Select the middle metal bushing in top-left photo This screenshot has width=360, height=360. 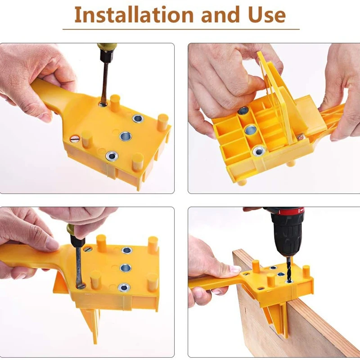125,135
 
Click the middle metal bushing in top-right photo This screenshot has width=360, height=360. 250,131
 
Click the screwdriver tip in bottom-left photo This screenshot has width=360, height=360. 81,284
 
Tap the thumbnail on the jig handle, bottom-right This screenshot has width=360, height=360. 235,269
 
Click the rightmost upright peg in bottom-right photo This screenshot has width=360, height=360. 306,272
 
